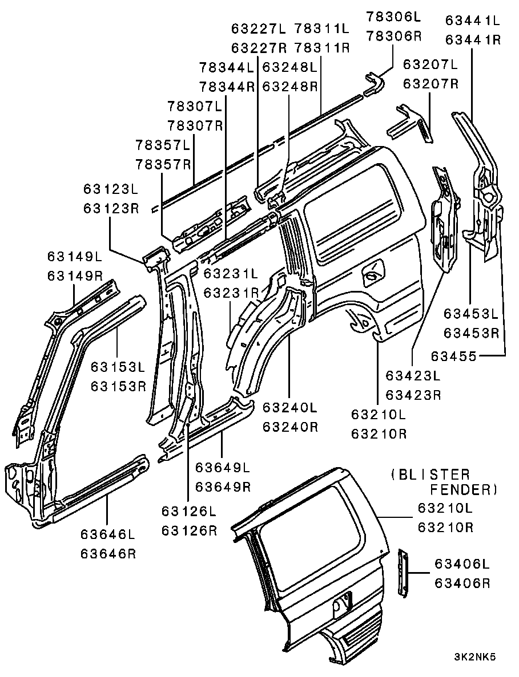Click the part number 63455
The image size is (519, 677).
(453, 356)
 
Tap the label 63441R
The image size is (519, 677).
(473, 39)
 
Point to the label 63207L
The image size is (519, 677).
(431, 64)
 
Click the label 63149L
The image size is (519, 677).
(75, 256)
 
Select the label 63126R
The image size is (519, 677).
(190, 529)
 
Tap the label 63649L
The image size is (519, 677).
(223, 468)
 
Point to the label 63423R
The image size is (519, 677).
(413, 394)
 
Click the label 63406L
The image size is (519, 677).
(462, 564)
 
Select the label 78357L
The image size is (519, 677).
(163, 145)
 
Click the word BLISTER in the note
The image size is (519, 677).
(431, 475)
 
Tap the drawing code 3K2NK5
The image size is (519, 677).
(475, 656)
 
